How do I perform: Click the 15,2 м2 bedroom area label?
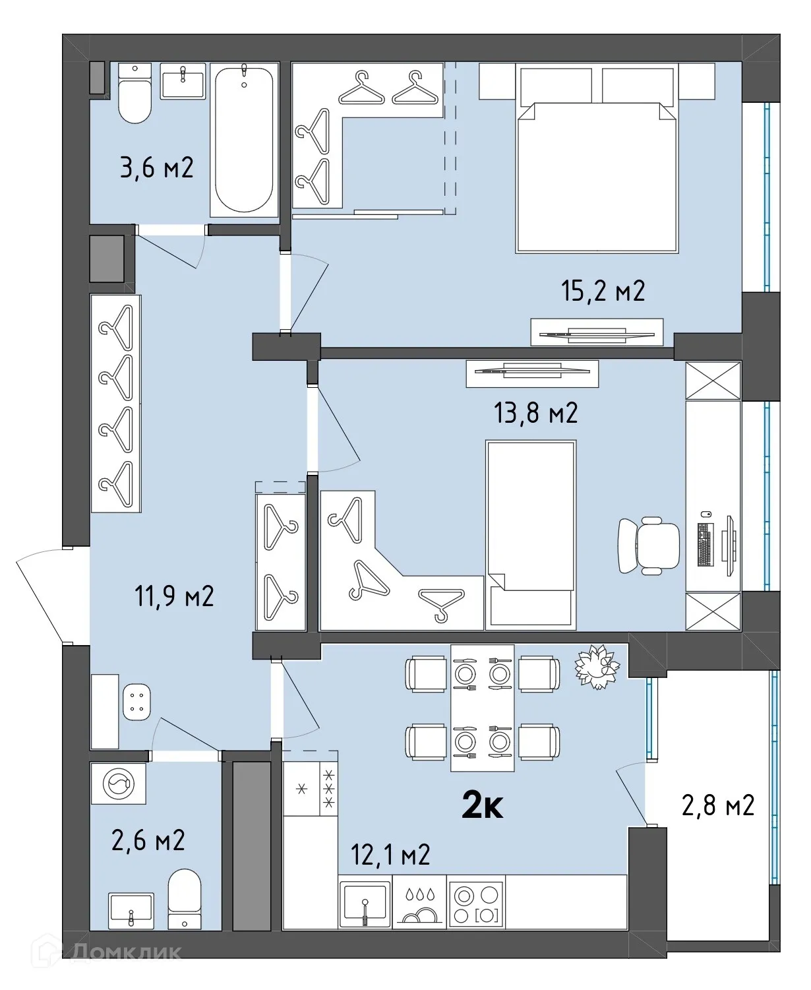[603, 291]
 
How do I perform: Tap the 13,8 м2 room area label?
[535, 413]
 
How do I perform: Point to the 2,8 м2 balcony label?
[717, 805]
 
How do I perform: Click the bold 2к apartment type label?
[483, 804]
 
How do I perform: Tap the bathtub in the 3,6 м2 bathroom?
[244, 139]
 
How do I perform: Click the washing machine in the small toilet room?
[118, 784]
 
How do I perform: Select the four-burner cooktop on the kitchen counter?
[476, 902]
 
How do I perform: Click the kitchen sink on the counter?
[365, 902]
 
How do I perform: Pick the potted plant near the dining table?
[597, 667]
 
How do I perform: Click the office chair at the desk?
[648, 545]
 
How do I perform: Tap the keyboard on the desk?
[705, 545]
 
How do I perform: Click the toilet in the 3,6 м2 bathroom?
[135, 94]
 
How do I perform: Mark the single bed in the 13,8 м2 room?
[531, 535]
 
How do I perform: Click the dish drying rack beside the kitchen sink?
[419, 902]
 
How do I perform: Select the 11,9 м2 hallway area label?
[174, 596]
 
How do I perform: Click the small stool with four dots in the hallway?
[136, 702]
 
